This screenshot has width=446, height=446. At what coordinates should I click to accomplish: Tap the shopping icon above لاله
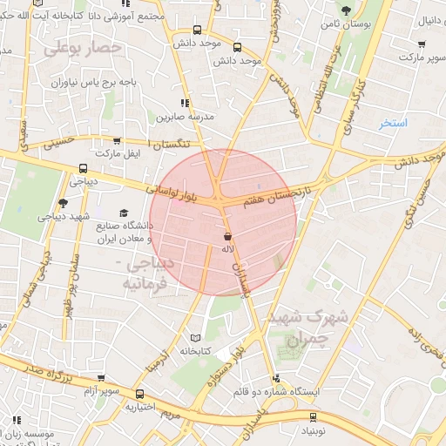click(x=227, y=237)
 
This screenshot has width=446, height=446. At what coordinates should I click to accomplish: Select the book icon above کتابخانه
click(x=194, y=337)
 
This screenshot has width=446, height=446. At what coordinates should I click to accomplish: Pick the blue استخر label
click(x=393, y=123)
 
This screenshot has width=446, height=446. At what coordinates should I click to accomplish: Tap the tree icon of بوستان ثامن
click(x=346, y=11)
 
